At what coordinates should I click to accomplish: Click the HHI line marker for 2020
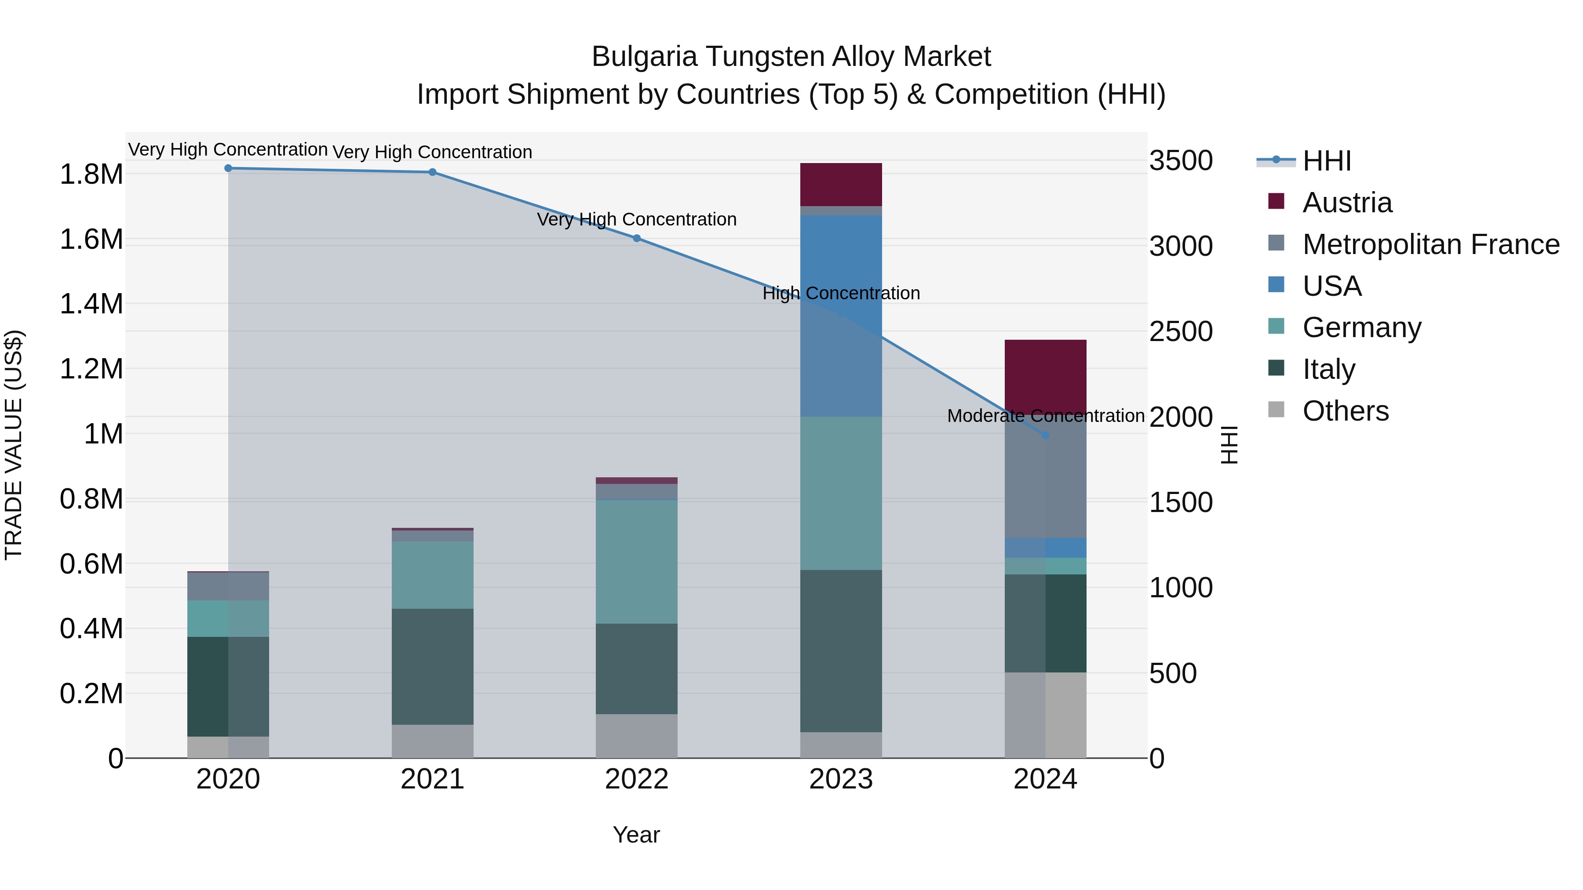click(x=228, y=168)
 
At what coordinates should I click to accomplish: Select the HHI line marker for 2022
click(x=637, y=238)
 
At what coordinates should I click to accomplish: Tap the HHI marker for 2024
click(x=1045, y=435)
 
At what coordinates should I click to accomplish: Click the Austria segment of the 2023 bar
click(x=841, y=184)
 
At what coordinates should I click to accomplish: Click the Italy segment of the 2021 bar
click(x=433, y=666)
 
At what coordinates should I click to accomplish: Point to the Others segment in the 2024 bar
click(x=1045, y=715)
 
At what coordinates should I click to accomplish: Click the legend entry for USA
click(x=1331, y=286)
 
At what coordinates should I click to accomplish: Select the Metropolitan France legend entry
click(x=1430, y=244)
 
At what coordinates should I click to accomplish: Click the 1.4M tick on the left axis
click(x=91, y=304)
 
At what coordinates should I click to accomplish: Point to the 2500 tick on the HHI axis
click(x=1181, y=332)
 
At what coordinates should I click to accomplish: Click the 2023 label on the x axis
click(x=841, y=779)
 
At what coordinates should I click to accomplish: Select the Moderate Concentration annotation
click(x=1045, y=416)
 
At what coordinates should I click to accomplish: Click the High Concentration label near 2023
click(x=841, y=293)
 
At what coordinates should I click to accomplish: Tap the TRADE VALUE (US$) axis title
click(x=14, y=445)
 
